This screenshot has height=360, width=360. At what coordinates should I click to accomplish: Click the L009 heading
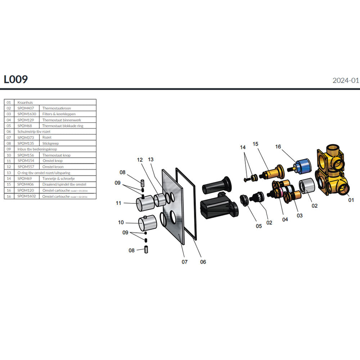point(16,79)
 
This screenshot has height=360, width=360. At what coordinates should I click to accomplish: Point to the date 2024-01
point(346,81)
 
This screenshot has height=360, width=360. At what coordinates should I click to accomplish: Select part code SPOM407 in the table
point(26,108)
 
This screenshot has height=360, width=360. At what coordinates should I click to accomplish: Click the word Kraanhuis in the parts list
point(25,102)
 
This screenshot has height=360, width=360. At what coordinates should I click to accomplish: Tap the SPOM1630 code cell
point(27,114)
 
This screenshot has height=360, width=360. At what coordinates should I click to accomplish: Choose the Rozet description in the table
point(47,138)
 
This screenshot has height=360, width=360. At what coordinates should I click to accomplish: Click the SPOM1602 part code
point(27,196)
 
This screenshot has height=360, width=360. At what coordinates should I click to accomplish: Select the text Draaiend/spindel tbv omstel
point(64,184)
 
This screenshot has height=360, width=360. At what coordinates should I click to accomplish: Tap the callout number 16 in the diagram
point(278,147)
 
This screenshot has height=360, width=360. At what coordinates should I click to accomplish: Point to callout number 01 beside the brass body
point(351,199)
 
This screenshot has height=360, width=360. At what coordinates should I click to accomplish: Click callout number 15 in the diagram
point(256,144)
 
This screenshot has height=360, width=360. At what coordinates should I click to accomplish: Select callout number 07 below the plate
point(184,262)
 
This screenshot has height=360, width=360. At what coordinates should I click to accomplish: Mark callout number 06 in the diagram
point(203,262)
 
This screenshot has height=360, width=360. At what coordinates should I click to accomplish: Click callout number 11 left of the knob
point(119,203)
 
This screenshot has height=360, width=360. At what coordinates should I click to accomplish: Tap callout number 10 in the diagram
point(121,222)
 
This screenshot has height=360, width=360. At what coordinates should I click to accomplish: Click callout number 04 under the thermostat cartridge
point(285,219)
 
